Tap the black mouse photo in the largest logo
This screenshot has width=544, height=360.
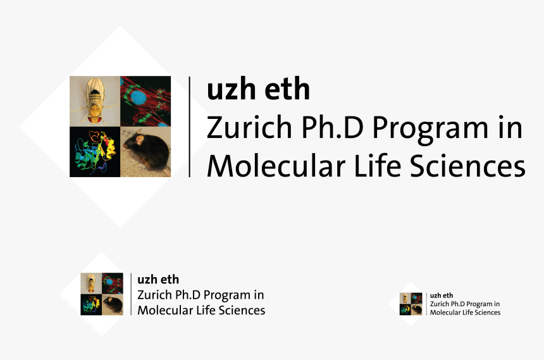pos(145,152)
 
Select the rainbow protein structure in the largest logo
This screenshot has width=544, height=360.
pos(95,152)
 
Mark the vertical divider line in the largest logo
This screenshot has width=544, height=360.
pos(190,127)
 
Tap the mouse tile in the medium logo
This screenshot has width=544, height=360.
pos(113,304)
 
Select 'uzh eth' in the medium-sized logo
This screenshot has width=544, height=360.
pos(158,280)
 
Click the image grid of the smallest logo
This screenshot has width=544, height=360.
pos(411,304)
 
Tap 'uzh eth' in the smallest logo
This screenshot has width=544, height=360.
pos(442,295)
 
